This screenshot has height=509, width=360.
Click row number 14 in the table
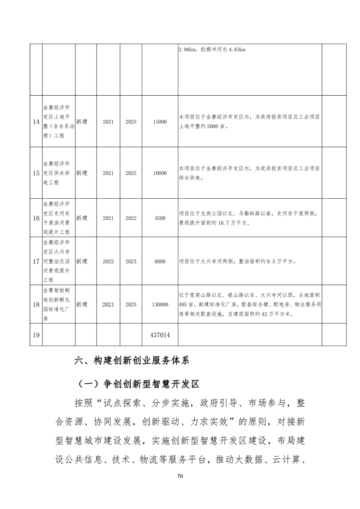[x=36, y=122]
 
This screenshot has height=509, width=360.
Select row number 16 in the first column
[x=36, y=218]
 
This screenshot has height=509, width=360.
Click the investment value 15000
[x=160, y=122]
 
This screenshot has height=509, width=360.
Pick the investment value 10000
[x=160, y=173]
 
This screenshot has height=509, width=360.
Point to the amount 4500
[x=160, y=218]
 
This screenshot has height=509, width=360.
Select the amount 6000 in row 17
[x=160, y=261]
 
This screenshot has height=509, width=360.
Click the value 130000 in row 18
[x=160, y=305]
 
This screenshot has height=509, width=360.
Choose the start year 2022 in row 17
[x=108, y=261]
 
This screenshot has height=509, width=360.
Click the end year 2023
[x=131, y=261]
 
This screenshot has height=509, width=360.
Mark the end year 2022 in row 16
[x=131, y=218]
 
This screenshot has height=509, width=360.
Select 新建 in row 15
[x=82, y=173]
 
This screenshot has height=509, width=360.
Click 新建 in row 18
[x=82, y=305]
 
